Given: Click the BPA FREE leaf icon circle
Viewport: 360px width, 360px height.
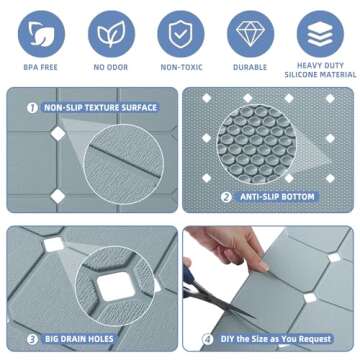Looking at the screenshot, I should tap(40, 35).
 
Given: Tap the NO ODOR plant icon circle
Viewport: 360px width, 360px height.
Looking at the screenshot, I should tap(109, 35).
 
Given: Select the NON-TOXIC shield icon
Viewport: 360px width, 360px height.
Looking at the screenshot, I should tap(180, 35).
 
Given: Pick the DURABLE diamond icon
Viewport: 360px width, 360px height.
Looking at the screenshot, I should tap(250, 35).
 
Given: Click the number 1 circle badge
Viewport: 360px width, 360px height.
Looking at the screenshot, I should tap(31, 107).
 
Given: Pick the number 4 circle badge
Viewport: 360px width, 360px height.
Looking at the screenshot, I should tap(208, 338).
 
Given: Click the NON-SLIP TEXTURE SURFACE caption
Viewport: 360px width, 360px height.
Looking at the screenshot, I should tap(100, 107).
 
